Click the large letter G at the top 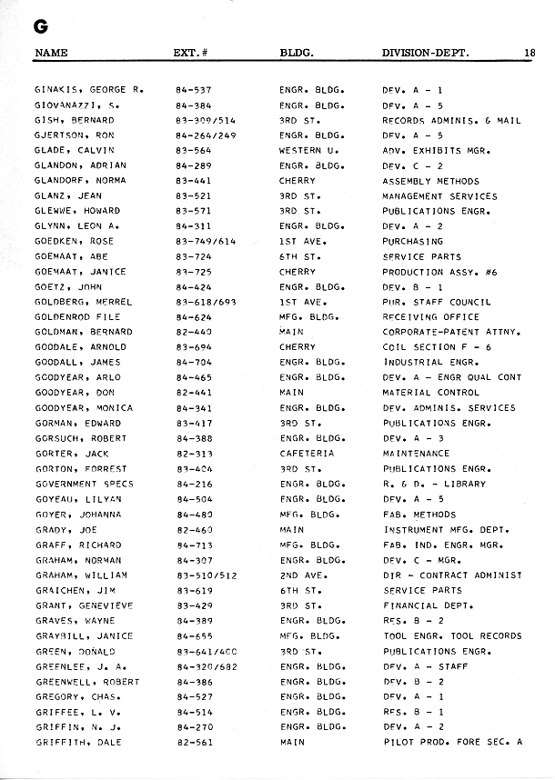click(40, 26)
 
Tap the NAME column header click(51, 53)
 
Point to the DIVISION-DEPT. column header click(426, 53)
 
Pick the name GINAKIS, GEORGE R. click(89, 90)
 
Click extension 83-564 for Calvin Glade click(194, 150)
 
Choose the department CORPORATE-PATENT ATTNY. click(451, 332)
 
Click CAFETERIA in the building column click(307, 454)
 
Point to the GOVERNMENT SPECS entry click(84, 484)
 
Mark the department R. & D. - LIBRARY click(434, 484)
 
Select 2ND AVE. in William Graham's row click(300, 575)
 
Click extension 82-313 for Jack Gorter click(194, 454)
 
